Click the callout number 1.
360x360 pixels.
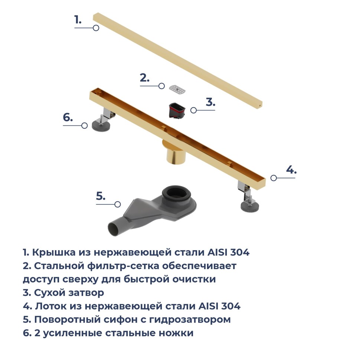point(78,20)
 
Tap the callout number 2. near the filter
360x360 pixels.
point(145,78)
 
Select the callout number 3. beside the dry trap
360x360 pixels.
point(210,102)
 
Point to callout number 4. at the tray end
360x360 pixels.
point(291,170)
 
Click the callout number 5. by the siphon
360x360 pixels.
point(101,196)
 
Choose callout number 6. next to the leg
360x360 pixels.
point(68,117)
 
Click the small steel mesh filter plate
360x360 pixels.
point(178,89)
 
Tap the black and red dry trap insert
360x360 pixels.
point(177,111)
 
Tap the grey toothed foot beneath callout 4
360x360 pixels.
point(250,206)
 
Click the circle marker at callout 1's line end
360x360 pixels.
point(96,28)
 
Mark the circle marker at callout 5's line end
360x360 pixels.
point(118,204)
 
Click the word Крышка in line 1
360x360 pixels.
point(53,253)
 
